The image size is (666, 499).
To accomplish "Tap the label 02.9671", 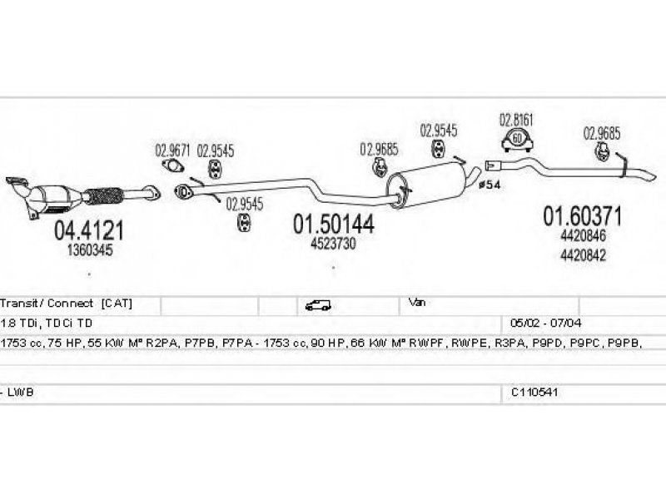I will [x=172, y=151].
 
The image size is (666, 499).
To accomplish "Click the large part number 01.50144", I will [x=332, y=225].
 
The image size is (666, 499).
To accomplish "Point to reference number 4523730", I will [x=334, y=243].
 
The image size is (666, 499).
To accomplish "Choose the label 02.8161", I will [x=516, y=120].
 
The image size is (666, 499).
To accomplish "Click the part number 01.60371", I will [x=583, y=217].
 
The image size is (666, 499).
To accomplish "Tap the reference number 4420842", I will [x=584, y=255].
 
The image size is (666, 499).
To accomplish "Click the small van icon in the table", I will [x=318, y=305].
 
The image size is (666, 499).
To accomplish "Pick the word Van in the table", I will [x=417, y=304].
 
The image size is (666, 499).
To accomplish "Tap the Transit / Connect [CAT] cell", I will [x=67, y=304].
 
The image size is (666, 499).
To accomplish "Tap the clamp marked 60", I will [x=517, y=139].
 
